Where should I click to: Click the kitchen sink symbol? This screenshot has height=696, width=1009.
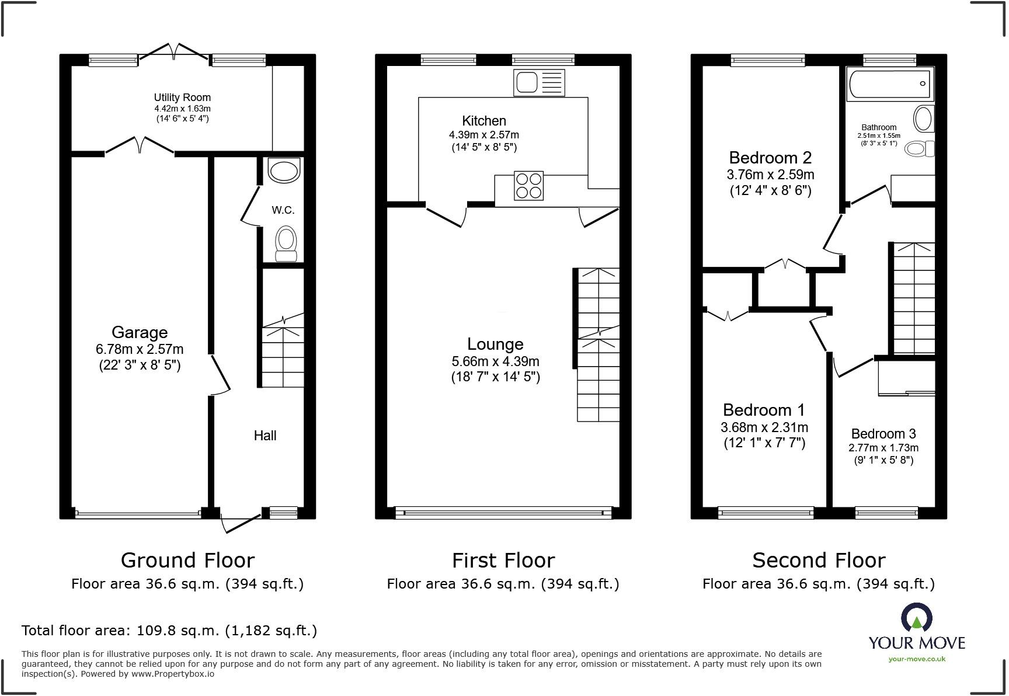coord(539,82)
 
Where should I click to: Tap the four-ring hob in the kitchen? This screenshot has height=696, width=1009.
coord(528,186)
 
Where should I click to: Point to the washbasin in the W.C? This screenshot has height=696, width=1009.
coord(284,170)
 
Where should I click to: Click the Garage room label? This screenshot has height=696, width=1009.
coord(140,332)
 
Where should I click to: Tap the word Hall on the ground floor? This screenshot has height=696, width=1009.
coord(265,436)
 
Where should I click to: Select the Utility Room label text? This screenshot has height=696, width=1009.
coord(182,98)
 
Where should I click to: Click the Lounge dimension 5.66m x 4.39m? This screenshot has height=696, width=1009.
coord(495,361)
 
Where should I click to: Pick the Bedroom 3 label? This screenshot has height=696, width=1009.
coord(883,434)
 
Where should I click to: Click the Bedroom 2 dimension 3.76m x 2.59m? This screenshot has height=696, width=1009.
coord(770,175)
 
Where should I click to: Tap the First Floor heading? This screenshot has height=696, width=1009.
coord(503,561)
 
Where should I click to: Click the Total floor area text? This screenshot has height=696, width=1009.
coord(169,631)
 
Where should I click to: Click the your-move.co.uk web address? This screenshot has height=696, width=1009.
coord(916,659)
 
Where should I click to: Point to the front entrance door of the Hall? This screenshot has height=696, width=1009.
coord(242,523)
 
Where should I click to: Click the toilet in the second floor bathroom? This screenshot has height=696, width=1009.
coord(919,149)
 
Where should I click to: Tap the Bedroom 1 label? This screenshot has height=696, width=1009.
coord(764,410)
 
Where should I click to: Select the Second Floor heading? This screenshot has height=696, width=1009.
coord(818,561)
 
